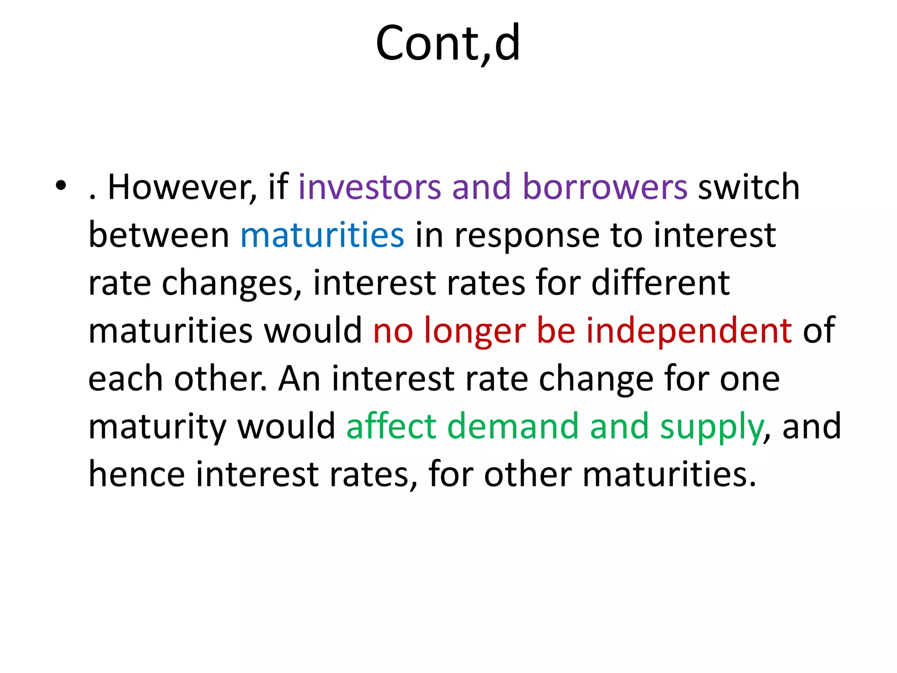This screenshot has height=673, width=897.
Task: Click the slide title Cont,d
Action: (448, 43)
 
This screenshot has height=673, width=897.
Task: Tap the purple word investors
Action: (369, 187)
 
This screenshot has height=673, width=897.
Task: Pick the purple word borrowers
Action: (605, 187)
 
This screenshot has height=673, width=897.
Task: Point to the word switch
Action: (749, 187)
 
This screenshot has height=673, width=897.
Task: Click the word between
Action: (159, 235)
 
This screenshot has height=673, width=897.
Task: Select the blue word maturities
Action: (322, 235)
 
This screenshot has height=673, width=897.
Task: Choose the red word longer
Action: (475, 331)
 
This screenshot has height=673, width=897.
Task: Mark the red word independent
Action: (689, 331)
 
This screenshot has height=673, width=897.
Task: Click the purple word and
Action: (481, 187)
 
